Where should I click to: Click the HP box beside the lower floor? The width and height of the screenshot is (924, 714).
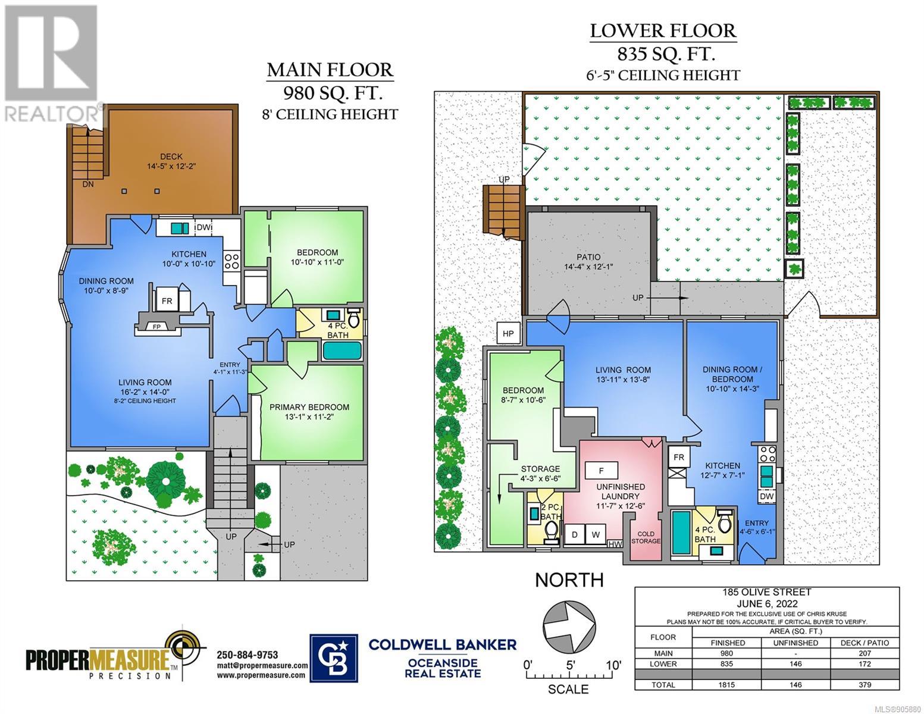[x=508, y=333]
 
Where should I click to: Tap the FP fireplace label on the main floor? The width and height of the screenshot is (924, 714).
[x=156, y=327]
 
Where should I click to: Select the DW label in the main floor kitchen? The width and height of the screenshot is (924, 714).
[x=203, y=227]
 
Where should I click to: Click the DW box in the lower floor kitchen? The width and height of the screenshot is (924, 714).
[x=766, y=496]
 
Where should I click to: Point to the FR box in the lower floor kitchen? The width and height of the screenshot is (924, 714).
[x=679, y=457]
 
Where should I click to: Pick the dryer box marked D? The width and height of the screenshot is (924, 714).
[x=575, y=535]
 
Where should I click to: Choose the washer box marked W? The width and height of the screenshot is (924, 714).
[x=596, y=535]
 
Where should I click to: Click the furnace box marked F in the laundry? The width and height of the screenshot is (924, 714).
[x=602, y=471]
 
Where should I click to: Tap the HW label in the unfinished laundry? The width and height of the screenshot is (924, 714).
[x=615, y=544]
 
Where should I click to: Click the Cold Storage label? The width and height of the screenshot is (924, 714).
[x=646, y=537]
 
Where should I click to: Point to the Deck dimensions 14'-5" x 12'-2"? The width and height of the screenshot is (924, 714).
[x=171, y=166]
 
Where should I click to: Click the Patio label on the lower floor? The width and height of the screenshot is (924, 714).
[x=588, y=257]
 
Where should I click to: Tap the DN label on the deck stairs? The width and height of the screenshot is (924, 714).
[x=88, y=184]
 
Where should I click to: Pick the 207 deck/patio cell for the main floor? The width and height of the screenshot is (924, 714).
[x=865, y=653]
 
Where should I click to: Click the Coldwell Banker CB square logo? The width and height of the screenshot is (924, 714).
[x=333, y=658]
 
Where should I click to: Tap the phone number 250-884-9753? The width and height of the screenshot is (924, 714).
[x=248, y=655]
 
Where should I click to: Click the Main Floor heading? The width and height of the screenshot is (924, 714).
[x=330, y=70]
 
